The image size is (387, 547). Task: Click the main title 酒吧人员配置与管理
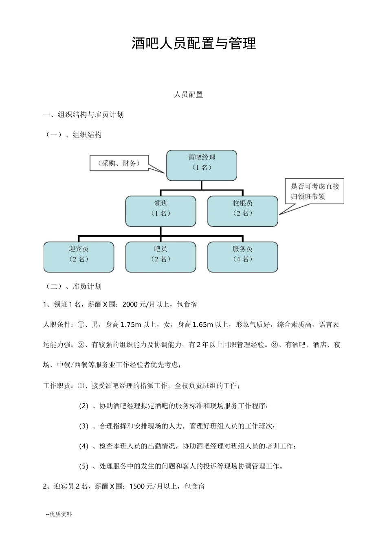(x=193, y=44)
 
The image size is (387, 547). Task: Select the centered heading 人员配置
(x=188, y=95)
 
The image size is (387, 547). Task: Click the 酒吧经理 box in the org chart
(x=202, y=165)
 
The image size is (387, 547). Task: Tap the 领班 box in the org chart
(x=161, y=211)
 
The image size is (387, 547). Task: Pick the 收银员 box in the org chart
(x=242, y=211)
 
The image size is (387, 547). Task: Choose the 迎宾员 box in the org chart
(x=79, y=257)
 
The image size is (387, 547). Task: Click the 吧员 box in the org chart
(x=161, y=257)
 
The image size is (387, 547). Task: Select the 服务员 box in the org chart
(x=242, y=257)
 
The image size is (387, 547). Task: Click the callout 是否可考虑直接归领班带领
(x=315, y=192)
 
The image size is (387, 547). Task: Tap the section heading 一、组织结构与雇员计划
(x=84, y=115)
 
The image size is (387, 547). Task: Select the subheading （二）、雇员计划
(x=73, y=287)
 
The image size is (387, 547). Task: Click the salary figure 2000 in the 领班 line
(x=130, y=304)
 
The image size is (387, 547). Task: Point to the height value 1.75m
(x=131, y=325)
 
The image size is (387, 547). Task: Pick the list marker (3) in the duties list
(x=84, y=426)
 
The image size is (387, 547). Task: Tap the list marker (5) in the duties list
(x=84, y=466)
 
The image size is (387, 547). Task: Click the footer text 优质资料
(x=60, y=514)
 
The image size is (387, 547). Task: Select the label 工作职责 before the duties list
(x=58, y=386)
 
